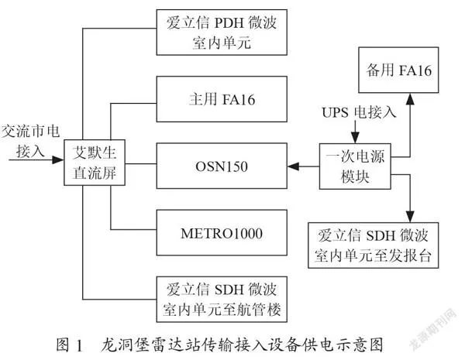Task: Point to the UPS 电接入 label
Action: tap(359, 112)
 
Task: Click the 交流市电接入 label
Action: tap(30, 141)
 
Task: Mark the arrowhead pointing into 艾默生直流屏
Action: tap(58, 160)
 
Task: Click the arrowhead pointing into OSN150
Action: tap(293, 166)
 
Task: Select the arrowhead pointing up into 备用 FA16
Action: tap(410, 99)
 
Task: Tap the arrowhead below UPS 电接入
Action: tap(355, 138)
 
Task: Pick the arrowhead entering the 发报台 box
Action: tap(410, 217)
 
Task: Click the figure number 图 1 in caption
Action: tap(69, 345)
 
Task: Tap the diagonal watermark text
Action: tap(433, 330)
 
